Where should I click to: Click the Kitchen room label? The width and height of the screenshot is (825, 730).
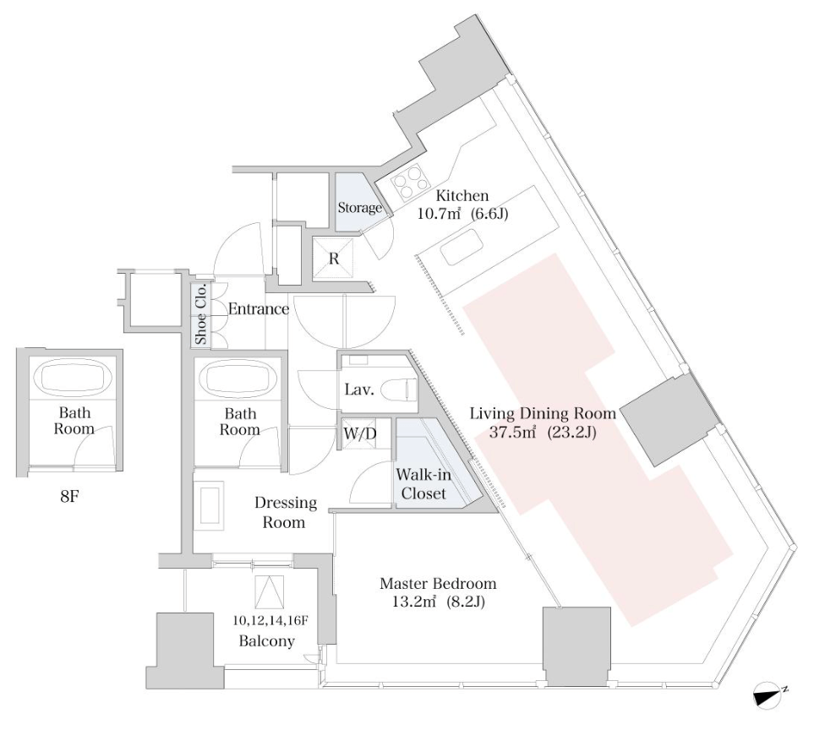pyautogui.click(x=462, y=196)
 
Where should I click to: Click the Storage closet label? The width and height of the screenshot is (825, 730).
pyautogui.click(x=360, y=207)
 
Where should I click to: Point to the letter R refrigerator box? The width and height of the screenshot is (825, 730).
pyautogui.click(x=334, y=259)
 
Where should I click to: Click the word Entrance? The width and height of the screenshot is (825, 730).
pyautogui.click(x=259, y=309)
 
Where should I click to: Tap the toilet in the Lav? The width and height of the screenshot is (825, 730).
pyautogui.click(x=397, y=390)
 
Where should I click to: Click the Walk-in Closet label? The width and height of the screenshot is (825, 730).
pyautogui.click(x=423, y=484)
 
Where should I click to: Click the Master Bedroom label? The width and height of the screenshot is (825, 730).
pyautogui.click(x=438, y=584)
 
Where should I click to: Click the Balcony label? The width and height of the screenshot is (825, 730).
pyautogui.click(x=267, y=641)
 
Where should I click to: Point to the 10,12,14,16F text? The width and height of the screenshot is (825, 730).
pyautogui.click(x=270, y=619)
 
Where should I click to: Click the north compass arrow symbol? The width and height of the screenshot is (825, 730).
pyautogui.click(x=771, y=695)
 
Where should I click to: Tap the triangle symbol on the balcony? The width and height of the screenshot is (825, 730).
pyautogui.click(x=268, y=591)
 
